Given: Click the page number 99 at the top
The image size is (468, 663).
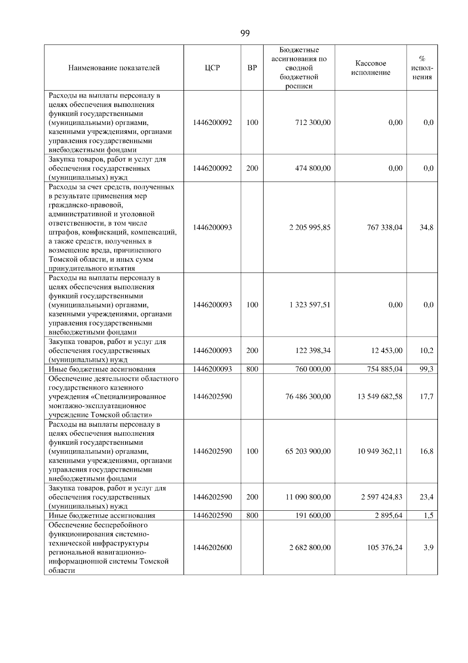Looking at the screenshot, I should pyautogui.click(x=245, y=33).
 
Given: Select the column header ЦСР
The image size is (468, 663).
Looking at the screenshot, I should pyautogui.click(x=212, y=68).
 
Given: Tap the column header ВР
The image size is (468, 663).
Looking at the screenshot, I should pyautogui.click(x=252, y=68).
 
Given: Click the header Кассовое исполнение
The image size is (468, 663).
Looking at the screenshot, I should pyautogui.click(x=370, y=68).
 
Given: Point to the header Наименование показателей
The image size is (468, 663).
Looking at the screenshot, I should pyautogui.click(x=114, y=68).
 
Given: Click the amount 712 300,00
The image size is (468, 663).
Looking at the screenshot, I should pyautogui.click(x=313, y=123).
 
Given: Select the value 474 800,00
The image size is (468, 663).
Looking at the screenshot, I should pyautogui.click(x=313, y=168).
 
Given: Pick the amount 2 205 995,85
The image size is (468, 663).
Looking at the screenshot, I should pyautogui.click(x=310, y=228).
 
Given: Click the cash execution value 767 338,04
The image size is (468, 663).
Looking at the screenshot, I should pyautogui.click(x=384, y=228).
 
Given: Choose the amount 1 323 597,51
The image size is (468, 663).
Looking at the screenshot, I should pyautogui.click(x=310, y=305).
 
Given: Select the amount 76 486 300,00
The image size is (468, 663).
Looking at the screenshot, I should pyautogui.click(x=308, y=397).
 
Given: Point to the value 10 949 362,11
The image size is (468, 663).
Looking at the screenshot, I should pyautogui.click(x=380, y=451).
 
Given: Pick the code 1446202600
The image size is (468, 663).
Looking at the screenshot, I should pyautogui.click(x=212, y=548).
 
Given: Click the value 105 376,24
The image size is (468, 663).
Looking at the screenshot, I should pyautogui.click(x=384, y=548).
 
